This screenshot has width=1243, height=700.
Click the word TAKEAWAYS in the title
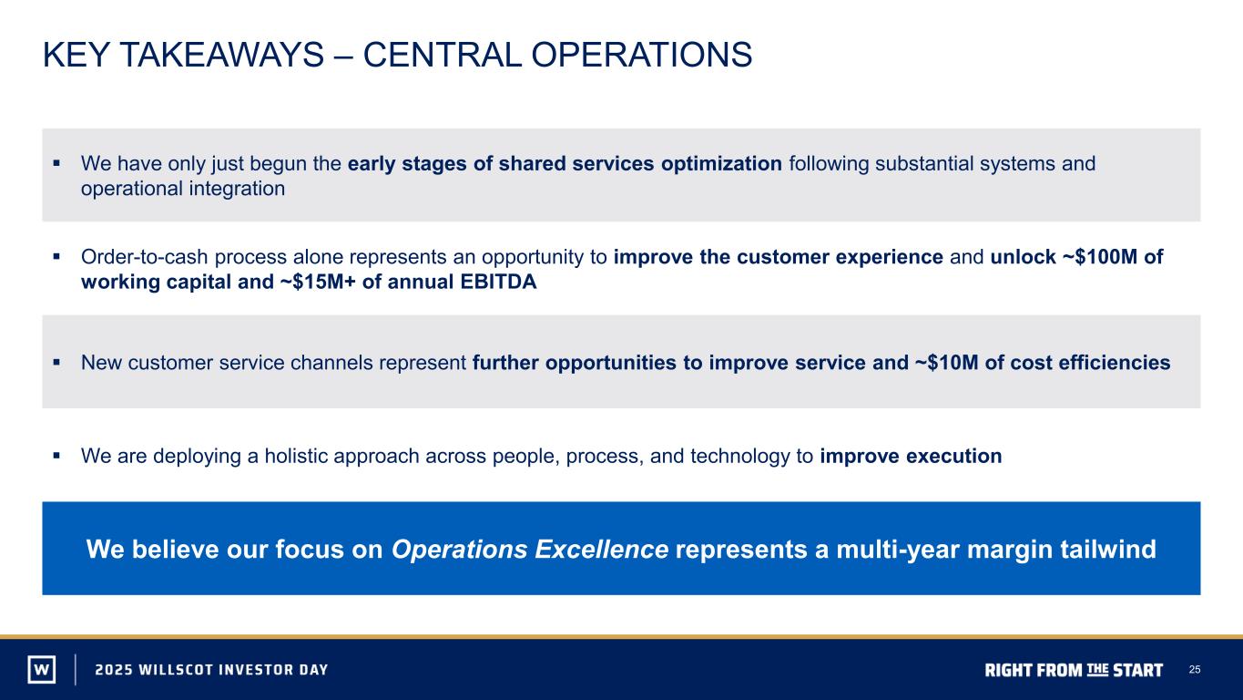point(222,55)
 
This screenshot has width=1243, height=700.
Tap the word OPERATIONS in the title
point(641,55)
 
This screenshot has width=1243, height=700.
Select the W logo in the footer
point(42,669)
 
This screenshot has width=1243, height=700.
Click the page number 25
point(1195,670)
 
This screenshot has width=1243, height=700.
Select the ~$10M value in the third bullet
point(945,362)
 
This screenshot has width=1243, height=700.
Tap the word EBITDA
point(498,282)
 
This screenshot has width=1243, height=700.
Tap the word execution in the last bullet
point(954,456)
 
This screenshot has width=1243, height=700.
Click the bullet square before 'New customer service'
point(56,363)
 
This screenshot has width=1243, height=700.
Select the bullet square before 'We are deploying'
point(56,456)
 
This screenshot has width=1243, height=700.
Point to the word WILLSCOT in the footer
point(176,670)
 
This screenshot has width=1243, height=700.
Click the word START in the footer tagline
point(1138,671)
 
